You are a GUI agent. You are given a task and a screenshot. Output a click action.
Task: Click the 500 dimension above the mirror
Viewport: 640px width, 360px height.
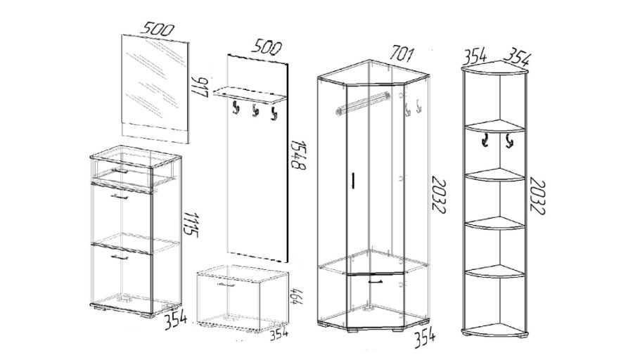tap(157, 30)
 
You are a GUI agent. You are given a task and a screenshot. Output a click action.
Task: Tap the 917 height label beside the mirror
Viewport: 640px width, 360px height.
tap(202, 87)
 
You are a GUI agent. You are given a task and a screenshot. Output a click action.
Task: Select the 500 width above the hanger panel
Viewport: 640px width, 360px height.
tap(266, 46)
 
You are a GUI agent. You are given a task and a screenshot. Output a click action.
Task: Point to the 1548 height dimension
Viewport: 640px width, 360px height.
tap(299, 155)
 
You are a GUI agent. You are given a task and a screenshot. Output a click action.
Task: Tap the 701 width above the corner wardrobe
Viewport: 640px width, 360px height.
tap(402, 53)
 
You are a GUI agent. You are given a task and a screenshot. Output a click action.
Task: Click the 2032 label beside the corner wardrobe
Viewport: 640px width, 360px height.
tap(438, 195)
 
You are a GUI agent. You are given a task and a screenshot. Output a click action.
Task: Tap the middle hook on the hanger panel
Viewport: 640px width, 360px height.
tap(255, 111)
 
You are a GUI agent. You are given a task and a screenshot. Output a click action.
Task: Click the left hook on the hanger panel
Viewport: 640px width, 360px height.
tap(236, 108)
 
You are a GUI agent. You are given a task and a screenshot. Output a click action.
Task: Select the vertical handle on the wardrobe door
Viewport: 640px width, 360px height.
tap(353, 181)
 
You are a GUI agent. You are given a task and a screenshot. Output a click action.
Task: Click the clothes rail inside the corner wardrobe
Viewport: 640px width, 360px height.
tap(362, 102)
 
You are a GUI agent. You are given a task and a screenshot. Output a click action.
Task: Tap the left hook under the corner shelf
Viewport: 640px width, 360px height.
tap(485, 141)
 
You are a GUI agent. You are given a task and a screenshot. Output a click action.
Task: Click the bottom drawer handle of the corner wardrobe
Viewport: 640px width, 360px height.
tap(376, 281)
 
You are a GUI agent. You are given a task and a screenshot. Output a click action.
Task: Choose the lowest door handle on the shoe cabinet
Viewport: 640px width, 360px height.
tap(119, 257)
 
